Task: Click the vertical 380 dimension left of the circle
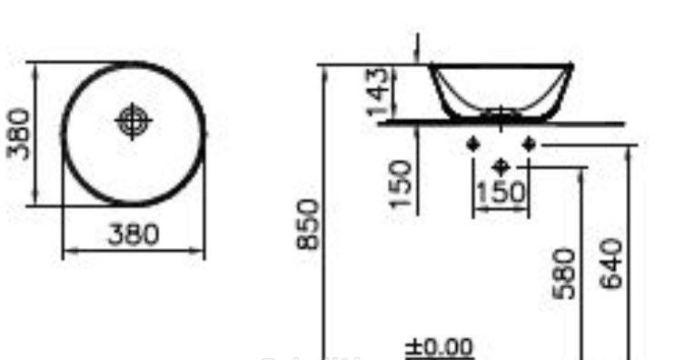[18, 135]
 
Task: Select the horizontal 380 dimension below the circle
[134, 235]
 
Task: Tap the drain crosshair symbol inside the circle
[133, 121]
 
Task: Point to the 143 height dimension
[378, 91]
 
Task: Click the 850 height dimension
[308, 225]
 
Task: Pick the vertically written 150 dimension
[401, 184]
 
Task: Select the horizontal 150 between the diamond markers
[501, 193]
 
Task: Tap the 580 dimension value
[564, 274]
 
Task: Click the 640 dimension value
[611, 264]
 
